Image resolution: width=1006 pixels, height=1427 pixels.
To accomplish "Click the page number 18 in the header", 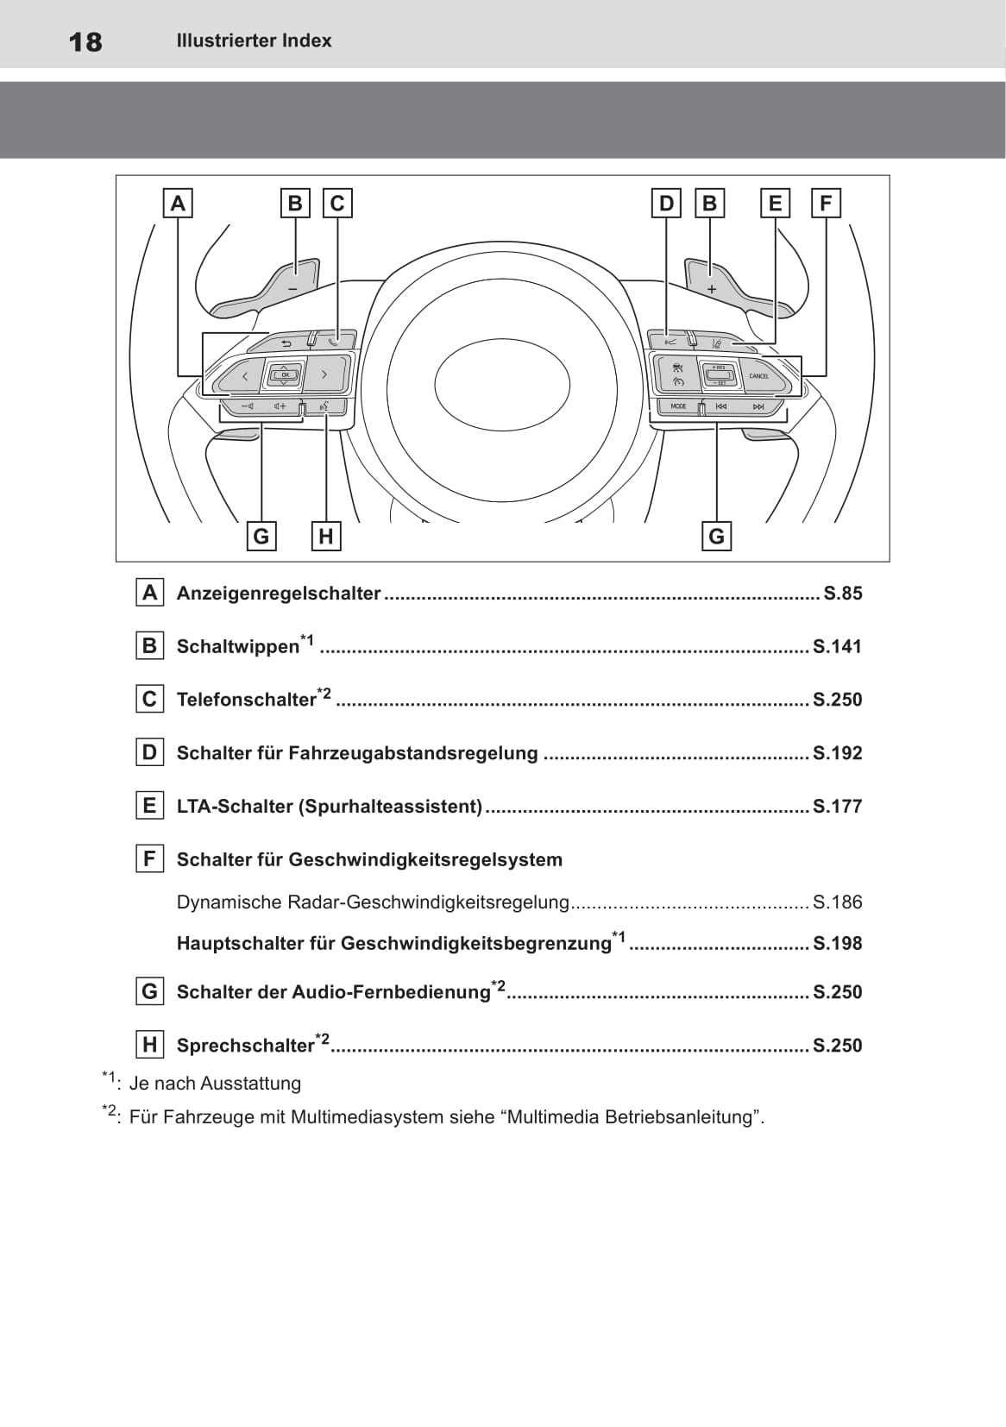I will (x=85, y=41).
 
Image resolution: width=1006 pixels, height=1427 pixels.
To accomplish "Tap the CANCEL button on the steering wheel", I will (x=759, y=376).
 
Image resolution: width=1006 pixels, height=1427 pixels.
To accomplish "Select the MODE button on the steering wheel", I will (x=679, y=406).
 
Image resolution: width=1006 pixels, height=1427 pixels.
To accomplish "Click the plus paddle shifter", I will (x=711, y=287).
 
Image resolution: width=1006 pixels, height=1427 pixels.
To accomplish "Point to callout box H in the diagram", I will (x=325, y=537).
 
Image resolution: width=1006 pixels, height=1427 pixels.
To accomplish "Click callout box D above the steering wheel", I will (x=666, y=204).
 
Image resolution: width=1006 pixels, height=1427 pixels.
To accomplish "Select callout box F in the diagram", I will (x=826, y=204).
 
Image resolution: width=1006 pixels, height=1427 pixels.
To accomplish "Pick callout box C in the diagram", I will (x=337, y=204).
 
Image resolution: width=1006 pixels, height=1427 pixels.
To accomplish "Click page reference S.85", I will (x=842, y=594).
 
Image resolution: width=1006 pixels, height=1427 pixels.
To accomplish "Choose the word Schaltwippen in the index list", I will (x=237, y=647).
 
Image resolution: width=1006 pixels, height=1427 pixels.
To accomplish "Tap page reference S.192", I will (x=837, y=753).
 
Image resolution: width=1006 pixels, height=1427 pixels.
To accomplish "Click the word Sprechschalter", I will (x=245, y=1046).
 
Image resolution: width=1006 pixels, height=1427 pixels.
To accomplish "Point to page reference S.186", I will (x=837, y=902).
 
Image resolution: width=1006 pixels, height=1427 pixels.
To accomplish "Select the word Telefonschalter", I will (x=246, y=700).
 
